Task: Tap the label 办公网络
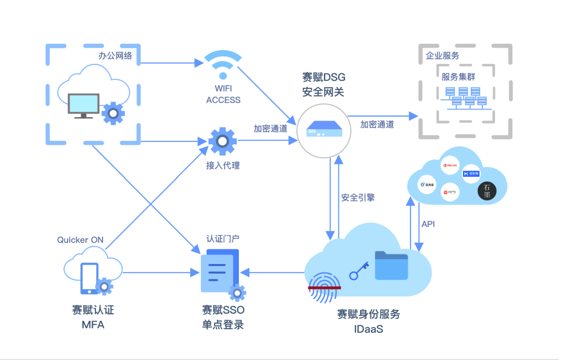coord(115,56)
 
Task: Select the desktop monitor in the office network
coord(83,105)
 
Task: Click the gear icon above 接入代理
coord(223,141)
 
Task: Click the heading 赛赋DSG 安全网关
coord(324,85)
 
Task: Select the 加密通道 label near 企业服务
coord(377,125)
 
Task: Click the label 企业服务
coord(443,56)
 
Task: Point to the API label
coord(428,224)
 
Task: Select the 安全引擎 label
coord(358,197)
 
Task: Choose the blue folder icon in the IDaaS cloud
coord(391,265)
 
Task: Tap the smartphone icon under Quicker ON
coord(89,278)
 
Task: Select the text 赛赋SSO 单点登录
coord(223,317)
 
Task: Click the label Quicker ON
coord(80,240)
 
